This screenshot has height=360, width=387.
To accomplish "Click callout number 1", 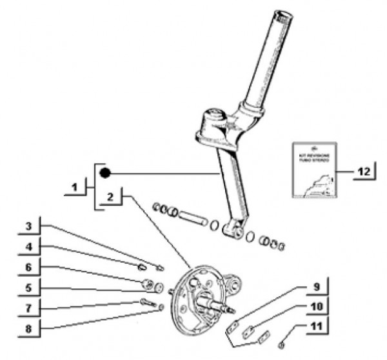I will point(75,188).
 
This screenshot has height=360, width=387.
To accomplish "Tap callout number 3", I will point(28,226).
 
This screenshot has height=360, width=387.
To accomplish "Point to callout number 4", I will point(28,246).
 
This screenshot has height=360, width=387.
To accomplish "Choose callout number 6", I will point(28,266).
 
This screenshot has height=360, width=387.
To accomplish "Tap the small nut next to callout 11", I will point(281,345).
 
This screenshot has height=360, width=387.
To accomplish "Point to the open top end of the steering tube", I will point(283,15).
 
